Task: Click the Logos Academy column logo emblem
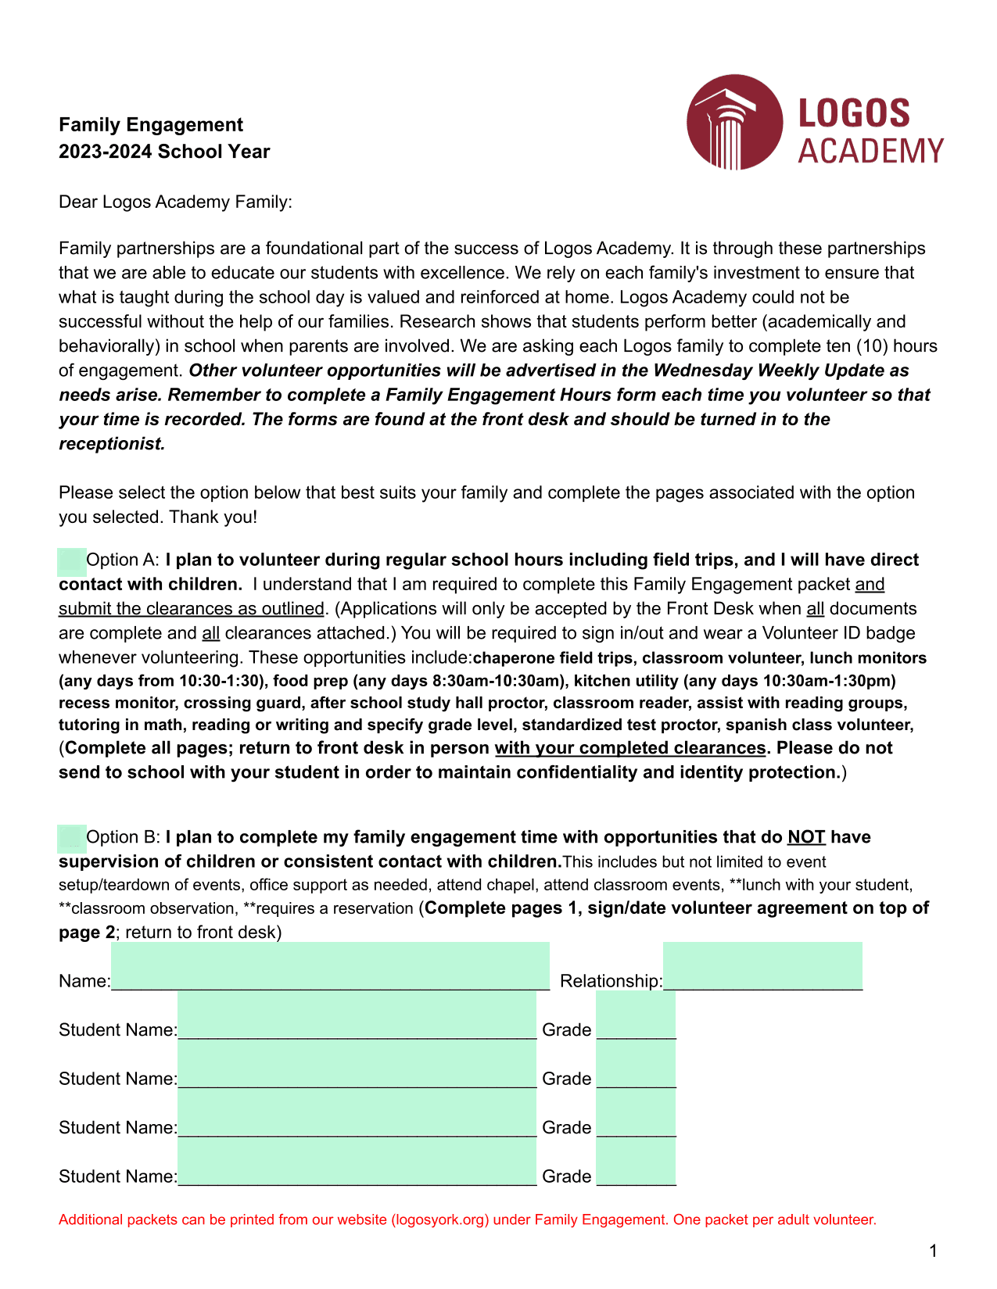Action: click(x=733, y=122)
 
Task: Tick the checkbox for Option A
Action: click(x=72, y=560)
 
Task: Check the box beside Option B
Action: click(x=72, y=838)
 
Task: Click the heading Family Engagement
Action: click(x=151, y=125)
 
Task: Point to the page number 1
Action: click(x=933, y=1251)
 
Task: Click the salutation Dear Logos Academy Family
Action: click(x=175, y=202)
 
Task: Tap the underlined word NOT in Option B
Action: click(x=806, y=837)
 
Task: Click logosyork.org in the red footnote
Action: click(x=440, y=1220)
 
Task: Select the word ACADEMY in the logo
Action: click(x=870, y=151)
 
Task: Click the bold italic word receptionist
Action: click(x=112, y=444)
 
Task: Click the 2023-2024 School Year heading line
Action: click(x=164, y=152)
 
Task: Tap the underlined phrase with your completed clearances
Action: click(x=629, y=748)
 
